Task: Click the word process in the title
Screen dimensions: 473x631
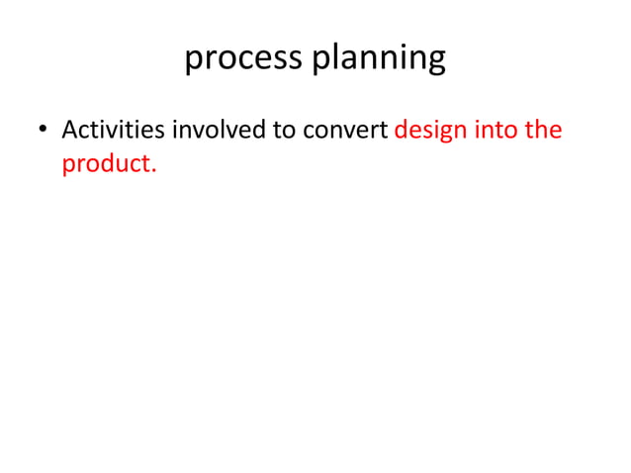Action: [x=244, y=59]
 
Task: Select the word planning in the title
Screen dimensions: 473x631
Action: [x=379, y=59]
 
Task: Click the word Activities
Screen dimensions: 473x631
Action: [x=113, y=131]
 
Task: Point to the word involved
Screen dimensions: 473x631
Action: [x=218, y=131]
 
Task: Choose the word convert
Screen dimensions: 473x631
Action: [x=347, y=131]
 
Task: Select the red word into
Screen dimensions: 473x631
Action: [x=496, y=131]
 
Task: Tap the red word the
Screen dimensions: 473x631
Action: [x=543, y=131]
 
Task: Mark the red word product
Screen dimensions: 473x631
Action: [x=106, y=163]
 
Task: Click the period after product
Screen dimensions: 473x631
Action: [x=153, y=169]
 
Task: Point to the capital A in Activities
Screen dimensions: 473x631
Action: [x=70, y=130]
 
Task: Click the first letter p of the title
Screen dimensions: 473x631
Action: [x=193, y=61]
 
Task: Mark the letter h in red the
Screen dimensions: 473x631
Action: [x=543, y=130]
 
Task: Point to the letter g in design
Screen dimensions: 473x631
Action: [x=444, y=135]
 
